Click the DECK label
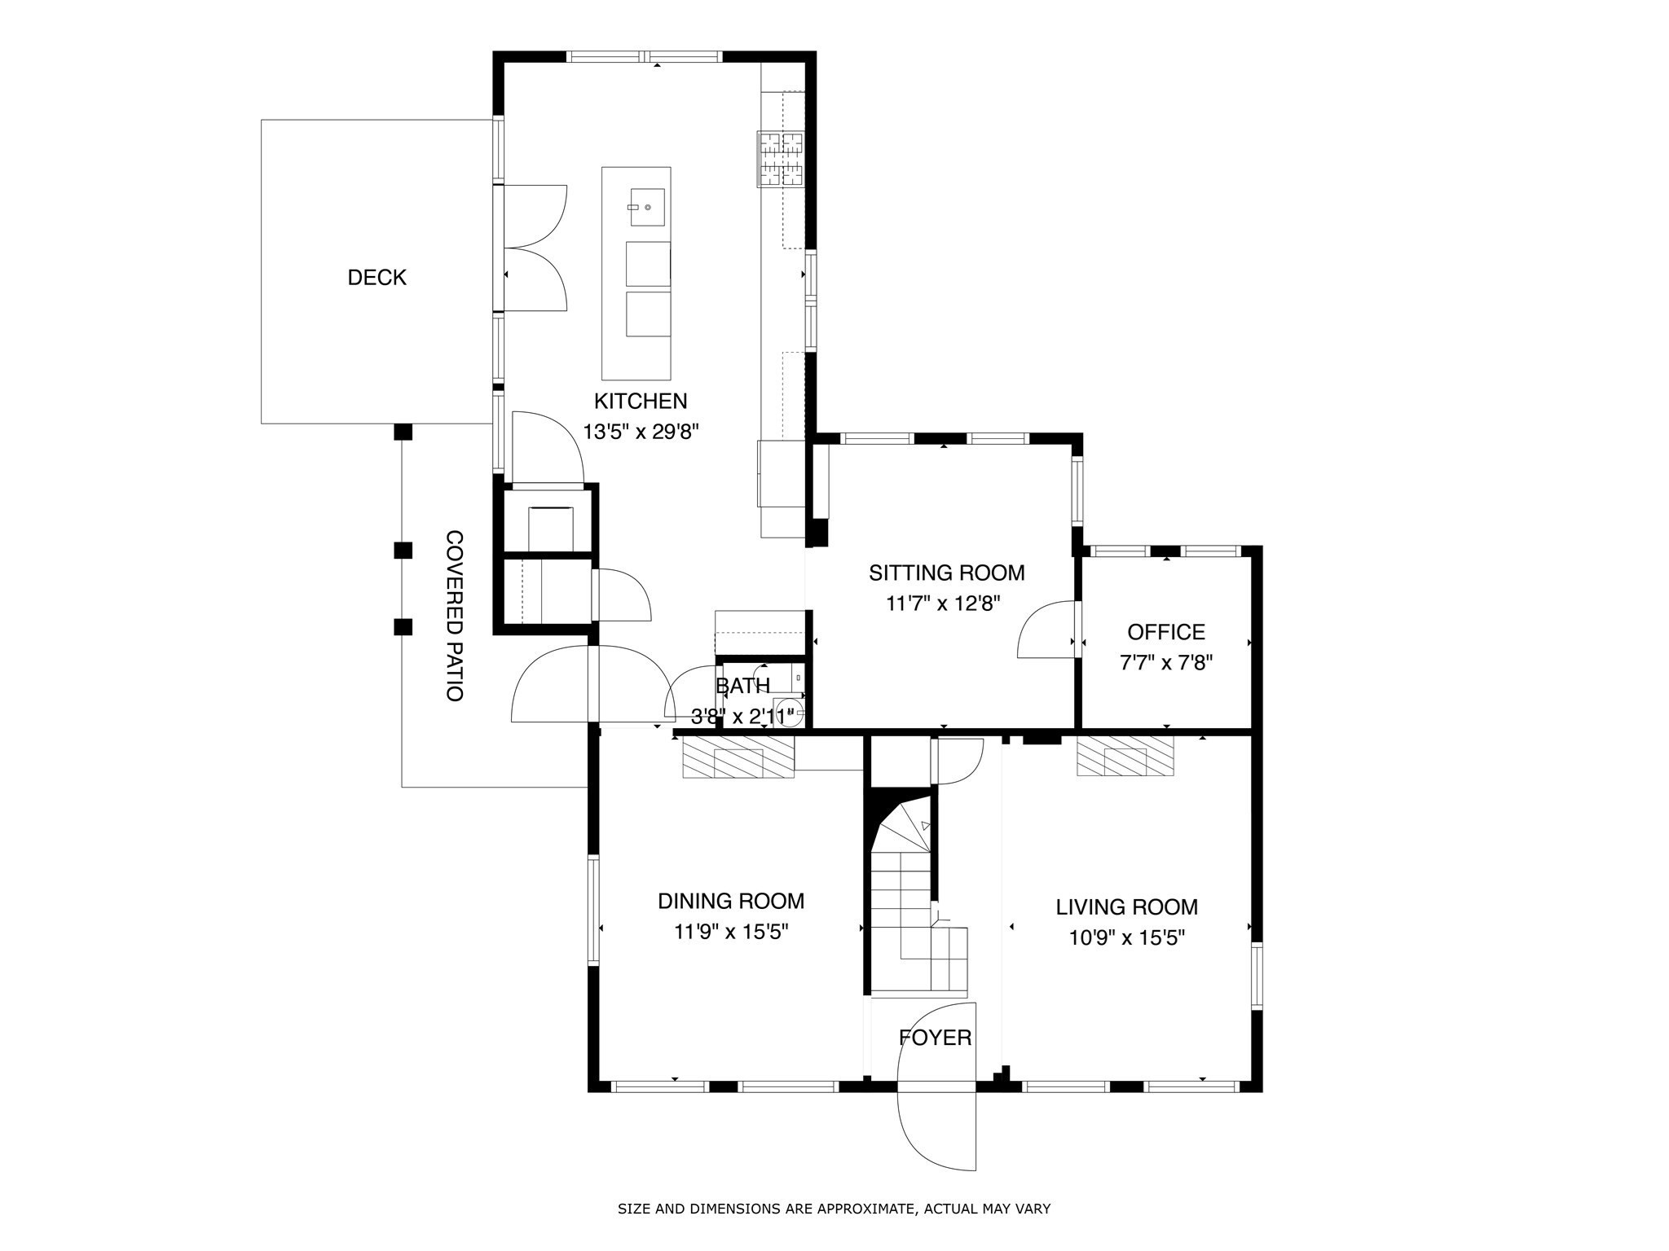pos(377,278)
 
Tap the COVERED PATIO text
pos(455,616)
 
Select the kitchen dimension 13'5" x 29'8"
pos(641,432)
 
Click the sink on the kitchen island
pos(646,207)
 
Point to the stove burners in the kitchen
pos(781,159)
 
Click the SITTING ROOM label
pos(946,573)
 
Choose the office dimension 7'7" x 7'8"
pos(1166,663)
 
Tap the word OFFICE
pos(1165,632)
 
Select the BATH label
pos(742,686)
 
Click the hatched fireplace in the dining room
pos(738,757)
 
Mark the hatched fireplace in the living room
pos(1125,756)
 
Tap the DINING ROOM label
pos(730,901)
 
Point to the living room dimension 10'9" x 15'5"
pos(1126,938)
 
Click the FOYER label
pos(935,1038)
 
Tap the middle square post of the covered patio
pos(403,551)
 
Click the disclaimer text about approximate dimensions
pos(834,1209)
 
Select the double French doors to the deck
pos(534,248)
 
